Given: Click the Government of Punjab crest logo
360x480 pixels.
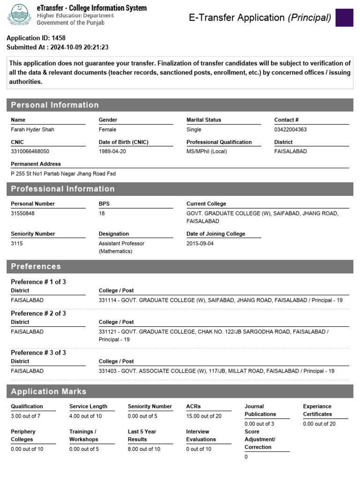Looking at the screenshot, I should click(x=19, y=15).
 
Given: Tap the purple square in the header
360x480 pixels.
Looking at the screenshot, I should click(x=344, y=17).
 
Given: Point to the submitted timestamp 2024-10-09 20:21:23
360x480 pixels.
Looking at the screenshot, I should click(x=79, y=47).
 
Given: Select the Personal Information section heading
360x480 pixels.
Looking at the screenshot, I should click(x=55, y=105).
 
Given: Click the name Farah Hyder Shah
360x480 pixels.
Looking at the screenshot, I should click(x=32, y=129).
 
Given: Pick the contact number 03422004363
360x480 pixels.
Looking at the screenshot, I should click(x=290, y=129).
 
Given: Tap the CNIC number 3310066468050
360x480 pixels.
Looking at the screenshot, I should click(x=30, y=151).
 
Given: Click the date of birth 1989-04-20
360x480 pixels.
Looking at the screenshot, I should click(x=112, y=151).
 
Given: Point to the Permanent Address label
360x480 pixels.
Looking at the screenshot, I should click(x=36, y=164).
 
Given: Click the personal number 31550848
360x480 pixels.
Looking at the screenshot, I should click(x=22, y=213).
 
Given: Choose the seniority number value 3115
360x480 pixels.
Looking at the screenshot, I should click(x=16, y=243).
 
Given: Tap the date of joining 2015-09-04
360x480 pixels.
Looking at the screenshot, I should click(x=200, y=243).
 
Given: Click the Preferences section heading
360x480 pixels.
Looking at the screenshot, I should click(x=36, y=266).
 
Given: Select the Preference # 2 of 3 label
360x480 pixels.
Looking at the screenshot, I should click(x=38, y=313).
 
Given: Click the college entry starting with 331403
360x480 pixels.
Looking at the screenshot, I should click(x=216, y=371).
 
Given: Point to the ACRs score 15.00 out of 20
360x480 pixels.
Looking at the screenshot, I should click(x=204, y=416).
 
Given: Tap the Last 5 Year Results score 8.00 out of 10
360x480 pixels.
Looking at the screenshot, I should click(x=144, y=449).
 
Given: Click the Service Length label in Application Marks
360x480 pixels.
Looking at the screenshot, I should click(x=88, y=406).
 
